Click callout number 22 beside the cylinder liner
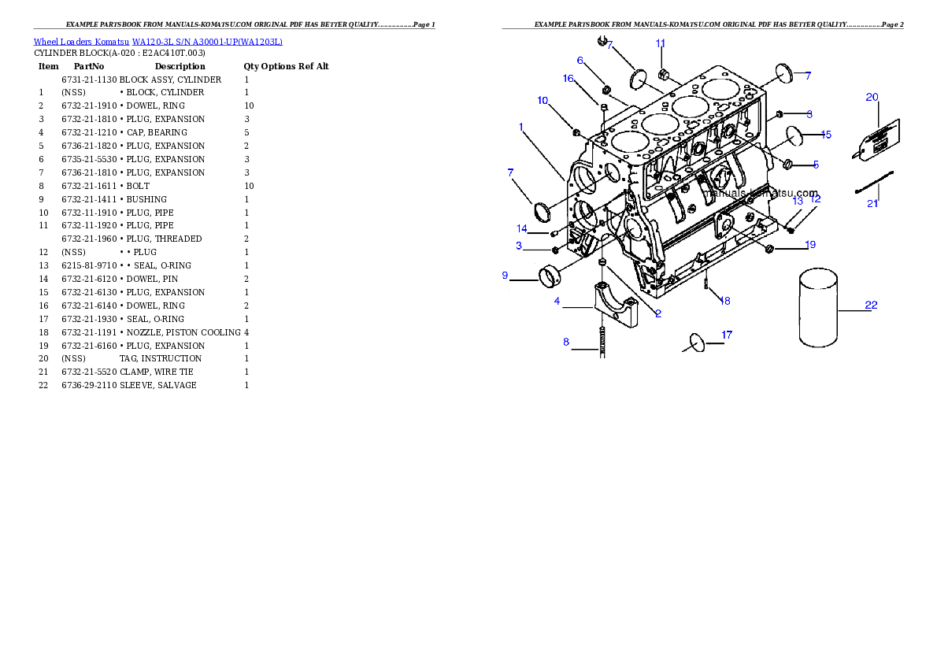point(871,305)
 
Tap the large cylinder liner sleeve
point(818,307)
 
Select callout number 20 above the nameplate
point(872,98)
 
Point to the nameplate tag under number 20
point(878,139)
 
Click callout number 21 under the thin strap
point(872,204)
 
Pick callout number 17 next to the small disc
point(727,335)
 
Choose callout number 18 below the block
point(725,301)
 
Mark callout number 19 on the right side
point(810,245)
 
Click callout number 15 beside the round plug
point(826,135)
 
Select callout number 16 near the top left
point(568,78)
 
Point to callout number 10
point(543,100)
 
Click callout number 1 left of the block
point(521,126)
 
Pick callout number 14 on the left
point(521,229)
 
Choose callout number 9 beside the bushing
point(505,276)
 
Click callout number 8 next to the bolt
point(565,342)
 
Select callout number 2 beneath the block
point(658,313)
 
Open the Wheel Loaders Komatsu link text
point(157,42)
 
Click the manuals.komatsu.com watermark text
point(761,193)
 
